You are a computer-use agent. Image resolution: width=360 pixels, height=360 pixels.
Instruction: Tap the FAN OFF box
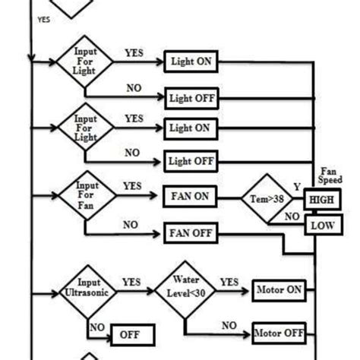point(191,232)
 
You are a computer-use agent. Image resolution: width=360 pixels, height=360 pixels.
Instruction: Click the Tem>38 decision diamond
point(269,199)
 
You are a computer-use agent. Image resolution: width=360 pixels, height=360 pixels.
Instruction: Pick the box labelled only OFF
point(133,334)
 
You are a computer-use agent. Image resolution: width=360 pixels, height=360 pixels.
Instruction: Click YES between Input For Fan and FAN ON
point(133,186)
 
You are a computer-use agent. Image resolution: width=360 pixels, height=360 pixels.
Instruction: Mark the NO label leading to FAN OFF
point(131,224)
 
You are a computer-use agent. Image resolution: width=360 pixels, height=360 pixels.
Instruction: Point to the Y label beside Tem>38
point(297,185)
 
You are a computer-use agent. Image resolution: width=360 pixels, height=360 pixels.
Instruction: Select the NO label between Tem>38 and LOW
point(291,216)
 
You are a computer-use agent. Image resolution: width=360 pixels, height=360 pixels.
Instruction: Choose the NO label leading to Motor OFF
point(229,324)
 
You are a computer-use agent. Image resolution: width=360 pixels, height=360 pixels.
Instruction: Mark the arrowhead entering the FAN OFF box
point(159,233)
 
